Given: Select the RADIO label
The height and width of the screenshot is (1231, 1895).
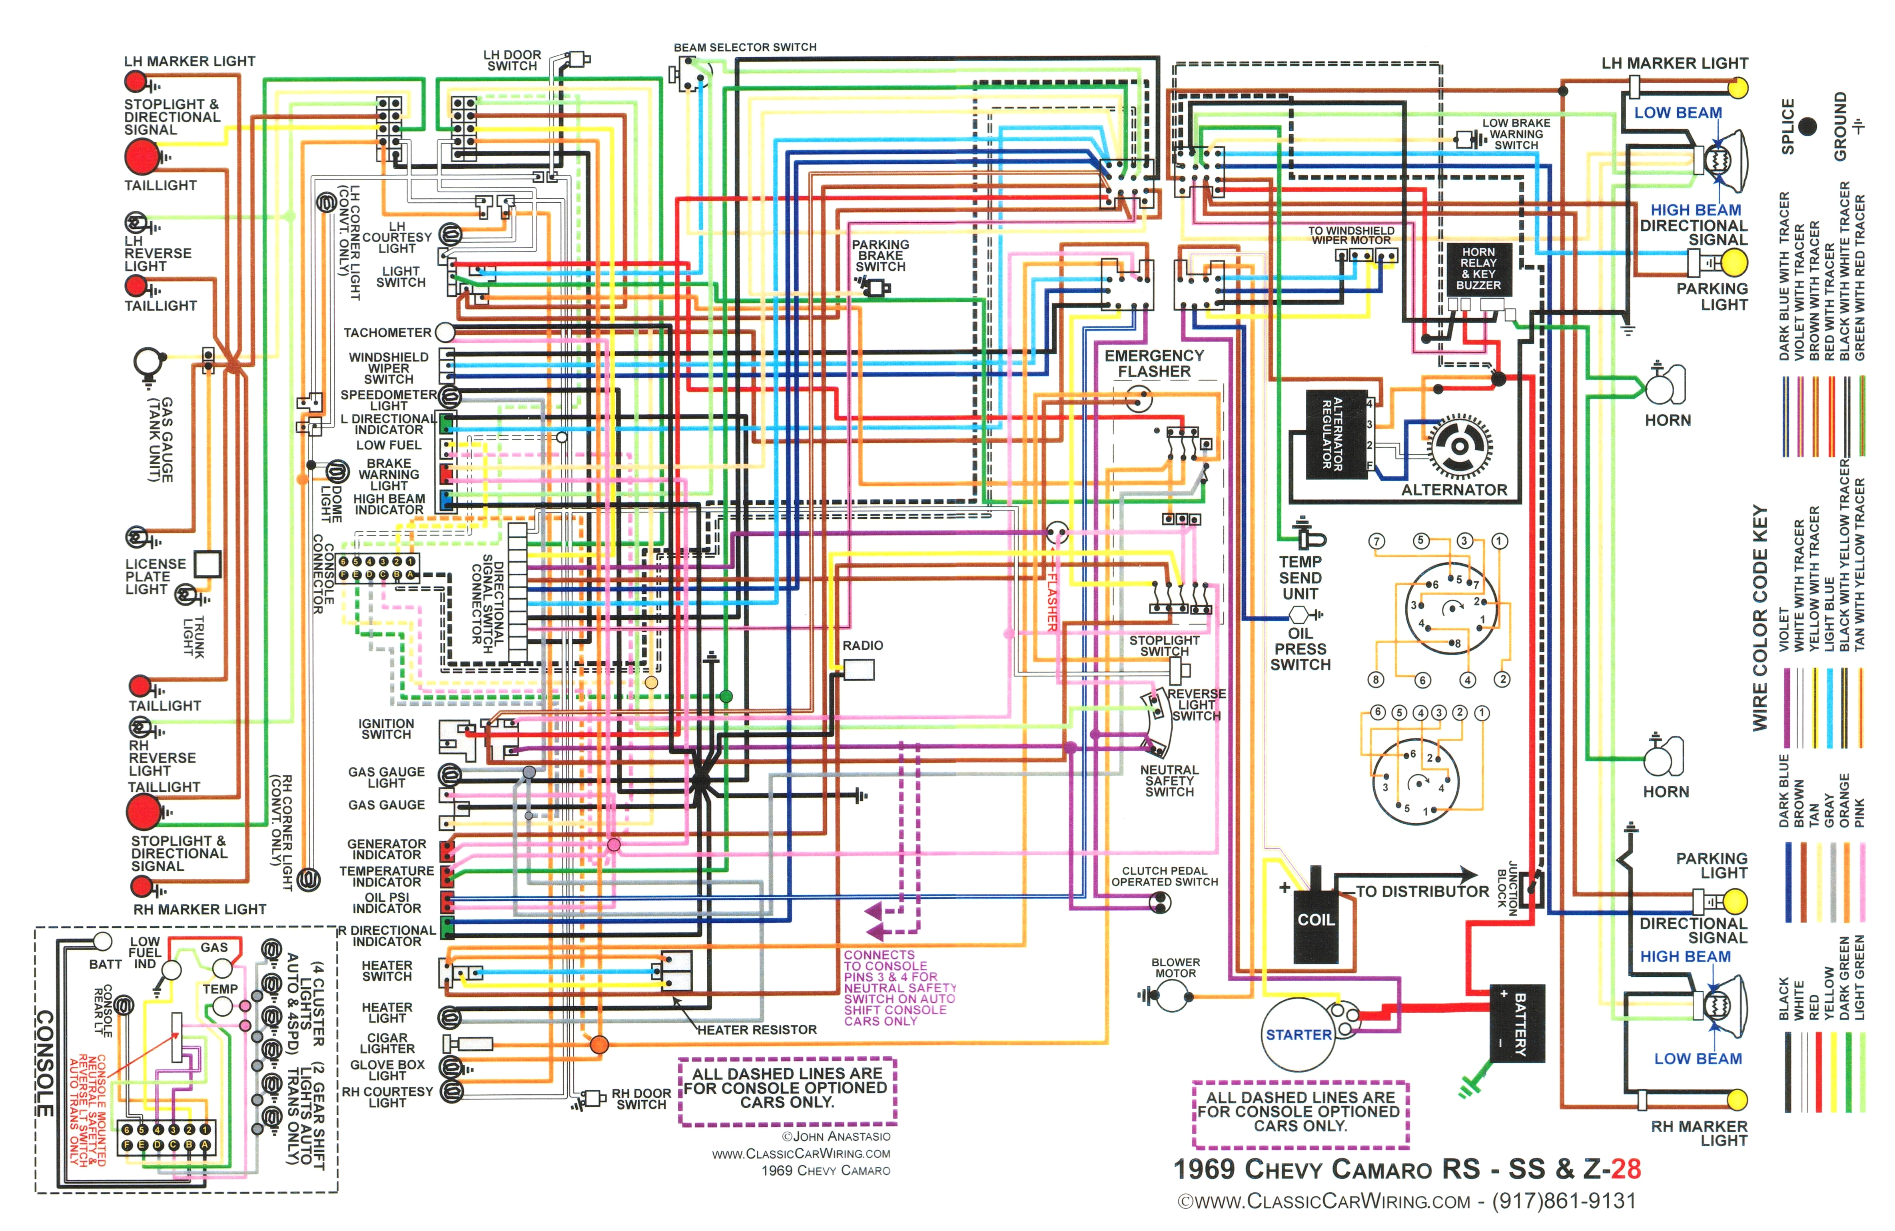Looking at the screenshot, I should point(862,645).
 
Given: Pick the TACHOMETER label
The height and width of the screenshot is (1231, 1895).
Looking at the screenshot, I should point(387,332).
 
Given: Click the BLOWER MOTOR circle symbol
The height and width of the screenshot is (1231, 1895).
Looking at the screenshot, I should point(1171,995).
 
